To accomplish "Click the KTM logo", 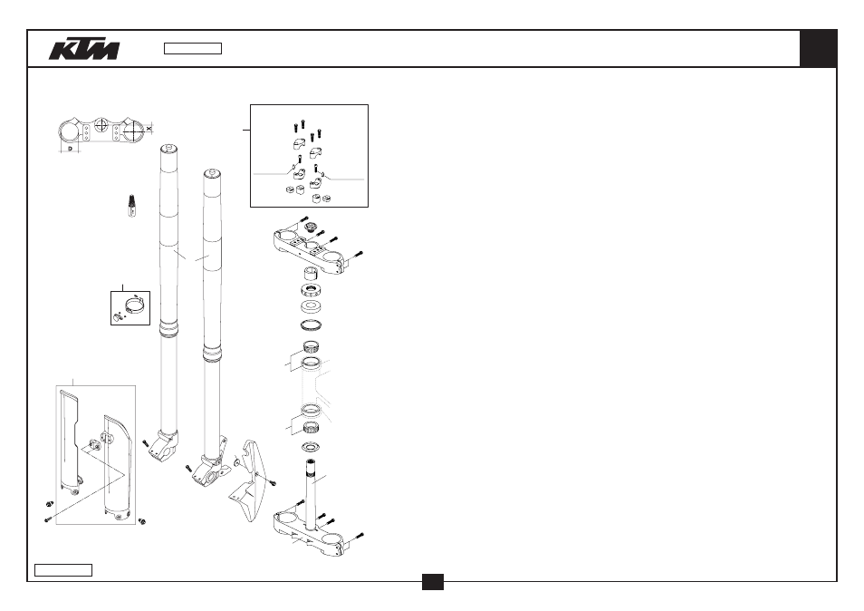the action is point(84,49).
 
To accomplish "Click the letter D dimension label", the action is point(70,149).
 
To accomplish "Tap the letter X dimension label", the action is point(149,129).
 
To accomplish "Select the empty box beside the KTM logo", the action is point(193,49).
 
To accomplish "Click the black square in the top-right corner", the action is point(819,49).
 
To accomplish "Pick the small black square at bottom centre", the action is point(433,582).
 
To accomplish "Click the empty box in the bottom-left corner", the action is point(63,570).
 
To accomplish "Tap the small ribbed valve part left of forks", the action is point(132,206).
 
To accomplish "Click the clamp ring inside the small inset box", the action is point(136,304).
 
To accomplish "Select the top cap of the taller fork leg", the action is point(168,149).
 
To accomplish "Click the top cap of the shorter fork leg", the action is point(212,174).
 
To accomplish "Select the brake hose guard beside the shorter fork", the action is point(249,480).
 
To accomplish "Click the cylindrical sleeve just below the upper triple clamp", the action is point(312,273).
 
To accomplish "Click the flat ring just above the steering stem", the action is point(312,446).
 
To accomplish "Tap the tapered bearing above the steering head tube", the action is point(312,347).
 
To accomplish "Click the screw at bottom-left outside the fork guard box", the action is point(47,519).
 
